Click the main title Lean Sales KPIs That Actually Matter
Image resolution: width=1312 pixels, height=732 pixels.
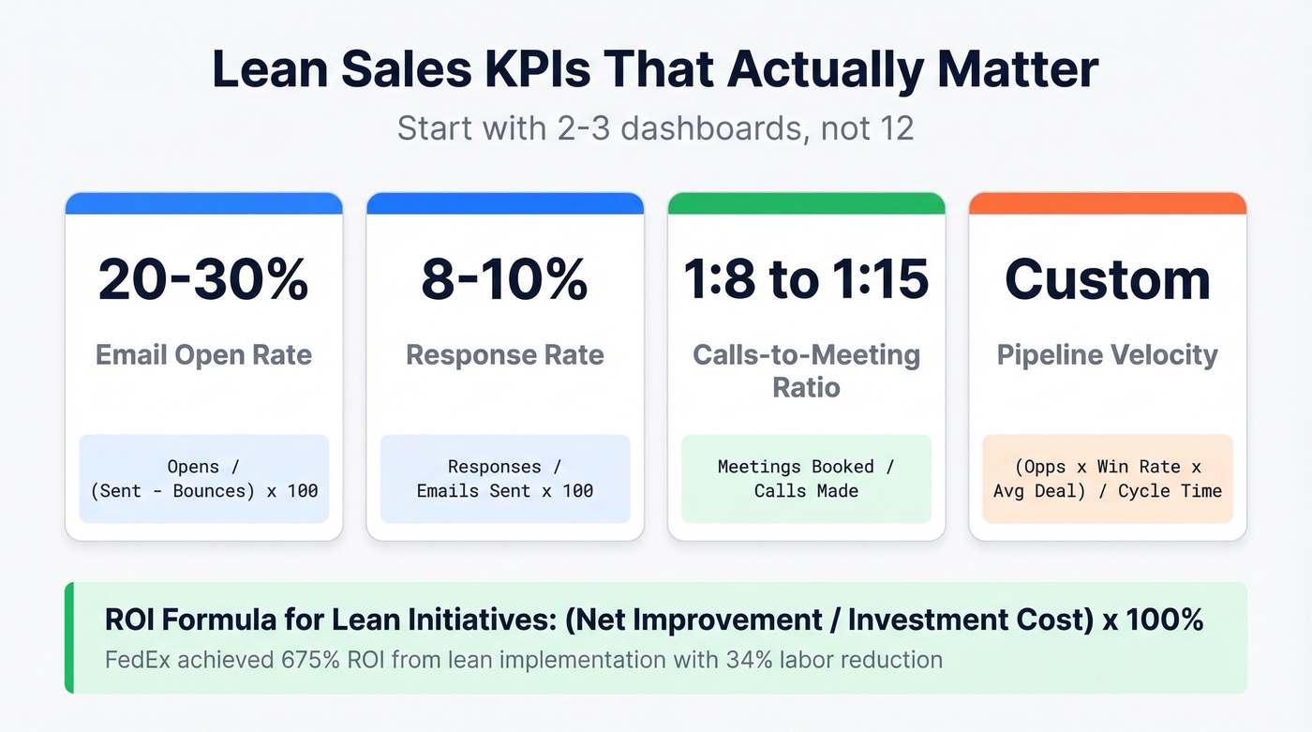pos(655,71)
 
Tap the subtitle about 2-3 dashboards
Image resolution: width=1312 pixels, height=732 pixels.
pos(655,127)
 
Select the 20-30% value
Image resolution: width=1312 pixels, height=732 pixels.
pos(203,279)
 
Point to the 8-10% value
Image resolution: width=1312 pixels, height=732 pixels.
pos(504,279)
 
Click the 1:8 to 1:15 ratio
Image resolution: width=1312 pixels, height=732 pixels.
pos(806,279)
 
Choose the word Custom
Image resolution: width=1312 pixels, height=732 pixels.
pos(1107,279)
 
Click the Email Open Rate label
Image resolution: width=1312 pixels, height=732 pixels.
pos(203,355)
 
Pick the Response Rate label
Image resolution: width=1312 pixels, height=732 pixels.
pos(504,355)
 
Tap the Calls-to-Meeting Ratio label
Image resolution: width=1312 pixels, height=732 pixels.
pos(806,370)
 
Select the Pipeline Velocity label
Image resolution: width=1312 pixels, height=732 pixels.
pos(1107,355)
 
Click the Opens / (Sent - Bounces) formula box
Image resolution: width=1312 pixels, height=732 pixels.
pos(203,478)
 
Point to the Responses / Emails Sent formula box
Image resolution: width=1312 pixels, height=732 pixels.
pos(504,478)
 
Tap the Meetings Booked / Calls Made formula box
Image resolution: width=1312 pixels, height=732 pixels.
pos(806,478)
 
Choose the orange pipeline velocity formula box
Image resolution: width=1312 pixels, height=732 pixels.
pos(1107,478)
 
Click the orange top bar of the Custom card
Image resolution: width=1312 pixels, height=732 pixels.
pos(1107,203)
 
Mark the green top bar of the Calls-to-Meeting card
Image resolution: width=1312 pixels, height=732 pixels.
pos(806,203)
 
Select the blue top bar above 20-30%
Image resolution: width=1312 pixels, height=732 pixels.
pos(203,203)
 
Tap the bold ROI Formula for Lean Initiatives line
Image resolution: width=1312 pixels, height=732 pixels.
pos(654,620)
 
